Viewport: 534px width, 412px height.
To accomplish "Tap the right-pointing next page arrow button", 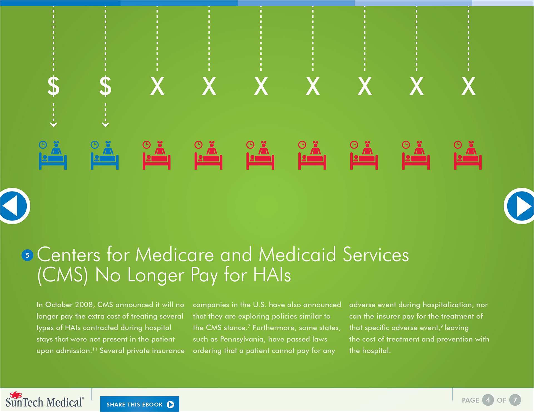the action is click(520, 206).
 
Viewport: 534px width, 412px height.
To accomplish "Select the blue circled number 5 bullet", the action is click(27, 255).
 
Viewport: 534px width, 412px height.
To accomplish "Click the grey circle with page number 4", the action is click(488, 400).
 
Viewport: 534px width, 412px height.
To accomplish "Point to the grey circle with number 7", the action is click(515, 400).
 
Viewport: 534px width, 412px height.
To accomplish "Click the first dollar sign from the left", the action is click(53, 86).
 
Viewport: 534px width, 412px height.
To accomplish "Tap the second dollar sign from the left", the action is click(105, 86).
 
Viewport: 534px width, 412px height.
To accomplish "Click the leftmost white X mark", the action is click(157, 86).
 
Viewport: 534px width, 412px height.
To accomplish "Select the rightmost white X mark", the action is click(469, 86).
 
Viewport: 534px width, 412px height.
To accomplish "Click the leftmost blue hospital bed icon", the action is click(53, 155).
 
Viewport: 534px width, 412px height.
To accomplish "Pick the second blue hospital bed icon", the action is click(105, 155).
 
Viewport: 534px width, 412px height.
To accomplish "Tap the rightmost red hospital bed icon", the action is click(468, 155).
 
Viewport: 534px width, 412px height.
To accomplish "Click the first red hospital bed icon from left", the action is click(157, 155).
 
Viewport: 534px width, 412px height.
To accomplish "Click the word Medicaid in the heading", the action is click(297, 254).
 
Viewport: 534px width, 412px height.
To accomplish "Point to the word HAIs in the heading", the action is click(272, 275).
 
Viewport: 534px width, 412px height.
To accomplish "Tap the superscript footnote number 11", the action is click(95, 349).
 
